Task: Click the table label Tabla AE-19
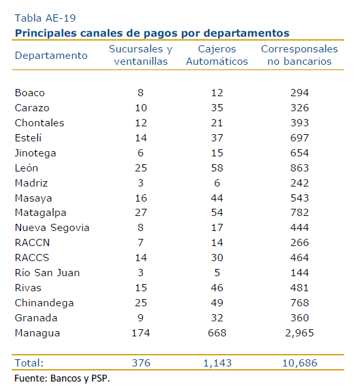[45, 18]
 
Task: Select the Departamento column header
[51, 56]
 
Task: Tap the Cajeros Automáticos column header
[217, 55]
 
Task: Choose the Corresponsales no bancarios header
[300, 55]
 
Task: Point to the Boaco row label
[29, 93]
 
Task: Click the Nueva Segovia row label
[52, 228]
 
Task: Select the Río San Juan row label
[47, 273]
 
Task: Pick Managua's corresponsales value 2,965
[300, 333]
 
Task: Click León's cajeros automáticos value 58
[217, 168]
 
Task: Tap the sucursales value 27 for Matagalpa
[141, 213]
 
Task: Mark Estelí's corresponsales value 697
[300, 138]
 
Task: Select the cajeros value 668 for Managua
[217, 333]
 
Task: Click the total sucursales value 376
[141, 363]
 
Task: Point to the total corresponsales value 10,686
[300, 363]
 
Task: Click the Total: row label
[29, 363]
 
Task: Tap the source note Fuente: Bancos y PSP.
[62, 378]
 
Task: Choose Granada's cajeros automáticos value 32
[217, 318]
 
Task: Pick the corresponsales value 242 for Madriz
[300, 183]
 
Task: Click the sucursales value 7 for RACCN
[141, 243]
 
